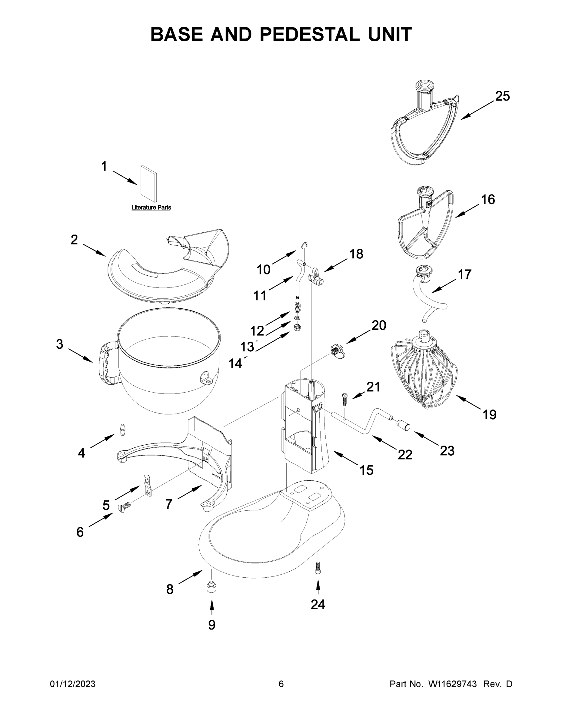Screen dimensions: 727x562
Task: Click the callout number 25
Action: tap(502, 96)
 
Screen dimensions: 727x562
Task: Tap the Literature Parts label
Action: tap(151, 207)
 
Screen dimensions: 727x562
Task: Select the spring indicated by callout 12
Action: tap(297, 307)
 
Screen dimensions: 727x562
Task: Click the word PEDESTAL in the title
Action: tap(309, 34)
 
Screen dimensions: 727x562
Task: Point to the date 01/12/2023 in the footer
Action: tap(73, 684)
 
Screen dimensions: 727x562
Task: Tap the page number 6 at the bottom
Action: tap(281, 684)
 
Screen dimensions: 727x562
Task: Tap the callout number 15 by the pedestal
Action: tap(366, 470)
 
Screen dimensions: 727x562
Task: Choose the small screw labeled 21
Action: tap(344, 399)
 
